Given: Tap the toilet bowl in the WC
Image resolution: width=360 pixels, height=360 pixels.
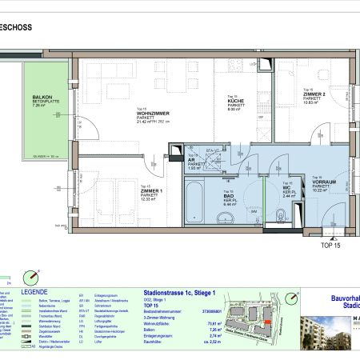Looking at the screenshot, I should pos(282,214).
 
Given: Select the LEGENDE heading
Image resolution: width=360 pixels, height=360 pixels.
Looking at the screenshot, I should pos(34,293).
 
